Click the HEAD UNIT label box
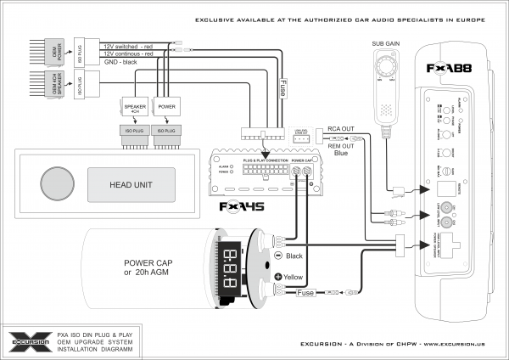(x=131, y=183)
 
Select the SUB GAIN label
(x=386, y=42)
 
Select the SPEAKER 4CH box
(x=136, y=108)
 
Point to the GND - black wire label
(x=120, y=62)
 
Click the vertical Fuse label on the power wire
(x=282, y=87)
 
